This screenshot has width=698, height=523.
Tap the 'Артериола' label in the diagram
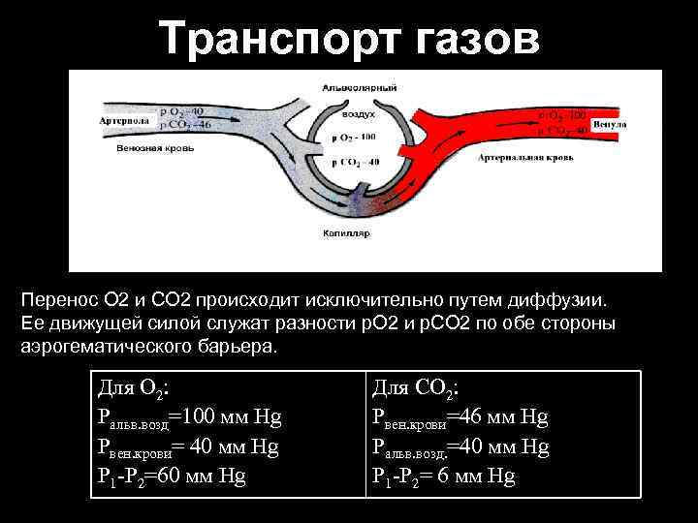pyautogui.click(x=123, y=121)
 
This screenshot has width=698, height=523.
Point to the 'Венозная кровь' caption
pyautogui.click(x=155, y=149)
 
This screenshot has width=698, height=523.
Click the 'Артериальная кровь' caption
pyautogui.click(x=524, y=155)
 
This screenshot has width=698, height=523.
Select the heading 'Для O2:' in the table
pyautogui.click(x=134, y=388)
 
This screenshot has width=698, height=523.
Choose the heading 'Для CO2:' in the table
pyautogui.click(x=416, y=388)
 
